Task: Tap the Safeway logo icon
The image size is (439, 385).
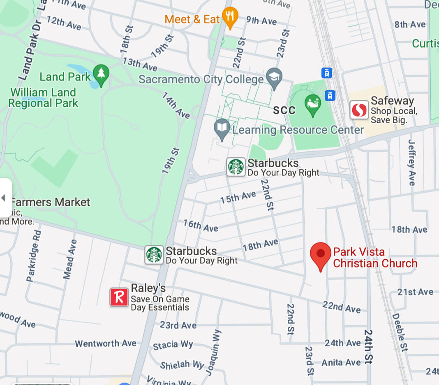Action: click(359, 110)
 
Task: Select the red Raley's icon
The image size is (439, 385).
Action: click(119, 297)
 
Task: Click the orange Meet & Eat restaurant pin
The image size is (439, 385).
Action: click(230, 17)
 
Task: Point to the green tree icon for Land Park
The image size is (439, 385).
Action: click(101, 74)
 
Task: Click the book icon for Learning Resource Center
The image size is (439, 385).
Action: click(222, 128)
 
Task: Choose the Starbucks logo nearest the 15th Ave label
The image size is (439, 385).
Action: click(236, 167)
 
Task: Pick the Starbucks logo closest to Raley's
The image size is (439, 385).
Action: click(154, 255)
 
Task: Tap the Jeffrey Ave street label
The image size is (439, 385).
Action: click(412, 162)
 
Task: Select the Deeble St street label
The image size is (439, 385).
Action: click(399, 332)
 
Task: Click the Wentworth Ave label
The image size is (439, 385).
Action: click(105, 343)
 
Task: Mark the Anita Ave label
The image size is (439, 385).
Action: click(341, 362)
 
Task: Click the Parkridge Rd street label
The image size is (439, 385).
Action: click(34, 256)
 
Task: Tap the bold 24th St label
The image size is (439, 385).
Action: click(368, 346)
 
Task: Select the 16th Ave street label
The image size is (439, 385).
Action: click(201, 226)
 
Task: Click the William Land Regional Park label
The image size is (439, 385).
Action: click(43, 97)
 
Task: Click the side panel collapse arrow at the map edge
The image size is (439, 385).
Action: click(4, 198)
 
